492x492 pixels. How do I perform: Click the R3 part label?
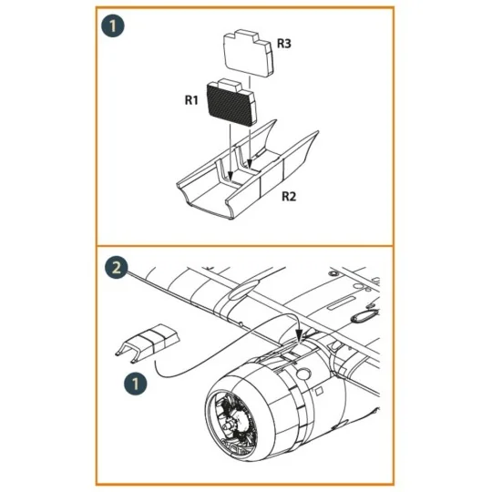(283, 43)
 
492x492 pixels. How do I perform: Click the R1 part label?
(191, 101)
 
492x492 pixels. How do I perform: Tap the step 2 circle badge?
(117, 268)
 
